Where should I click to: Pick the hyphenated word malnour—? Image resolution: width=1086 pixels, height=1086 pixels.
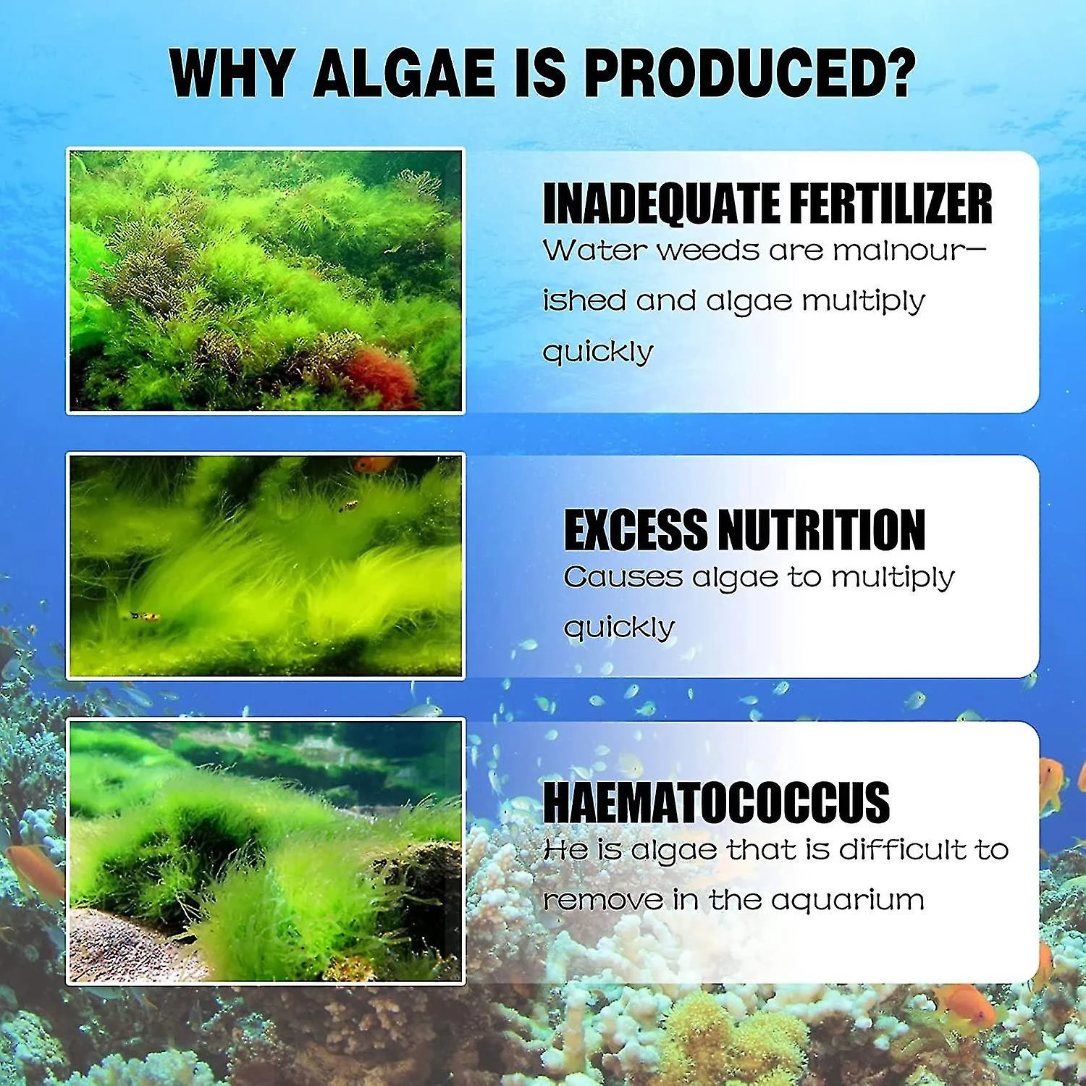click(x=910, y=251)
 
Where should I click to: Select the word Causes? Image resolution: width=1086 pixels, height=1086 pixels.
click(x=623, y=578)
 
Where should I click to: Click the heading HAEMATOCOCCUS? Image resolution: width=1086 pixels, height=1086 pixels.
click(x=716, y=801)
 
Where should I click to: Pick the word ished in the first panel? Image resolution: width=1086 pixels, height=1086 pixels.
click(x=584, y=300)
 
